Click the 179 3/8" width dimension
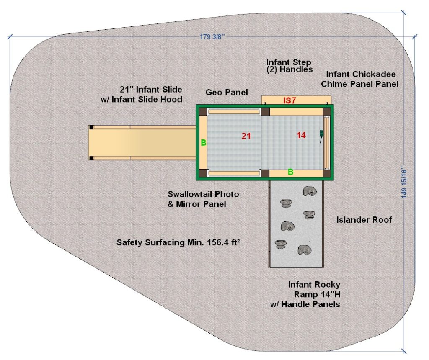pos(212,37)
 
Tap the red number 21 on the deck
pos(246,136)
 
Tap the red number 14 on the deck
pos(301,135)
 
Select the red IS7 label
pos(289,100)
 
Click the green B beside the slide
pos(204,142)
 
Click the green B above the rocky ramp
pos(291,172)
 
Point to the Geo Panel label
pos(227,93)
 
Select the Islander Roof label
pos(364,220)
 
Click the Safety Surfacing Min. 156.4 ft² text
pos(178,242)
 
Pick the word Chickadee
pos(374,74)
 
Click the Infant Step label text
pos(289,62)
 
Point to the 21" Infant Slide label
pos(151,90)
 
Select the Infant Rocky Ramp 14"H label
pos(314,290)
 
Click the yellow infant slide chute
pos(142,142)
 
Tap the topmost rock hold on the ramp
pos(310,191)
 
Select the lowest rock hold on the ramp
pos(304,250)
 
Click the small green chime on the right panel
pos(322,134)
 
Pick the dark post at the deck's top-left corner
pos(203,111)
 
